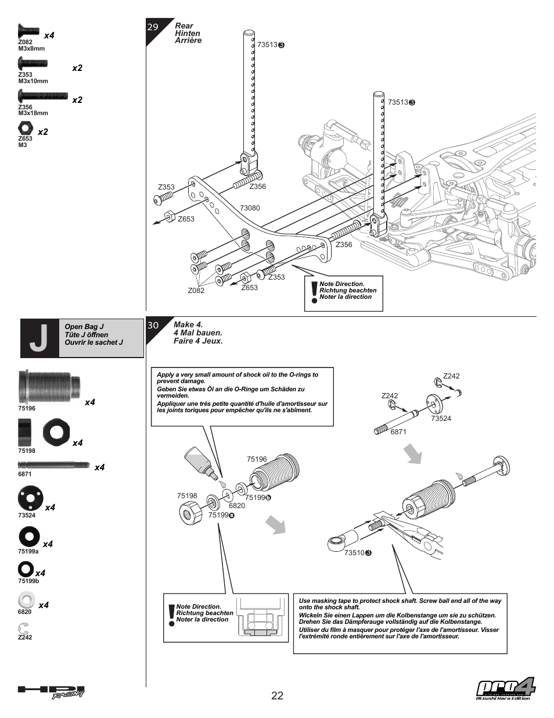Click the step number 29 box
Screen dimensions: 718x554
(153, 27)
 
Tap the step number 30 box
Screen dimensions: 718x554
(153, 326)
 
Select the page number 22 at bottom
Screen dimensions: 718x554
(277, 696)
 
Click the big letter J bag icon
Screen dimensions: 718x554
(39, 338)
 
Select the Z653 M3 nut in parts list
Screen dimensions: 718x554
(26, 128)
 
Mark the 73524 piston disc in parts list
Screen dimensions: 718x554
(30, 498)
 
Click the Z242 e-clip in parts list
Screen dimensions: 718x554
(23, 628)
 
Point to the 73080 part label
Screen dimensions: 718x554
(250, 208)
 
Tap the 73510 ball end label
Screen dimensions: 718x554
(354, 553)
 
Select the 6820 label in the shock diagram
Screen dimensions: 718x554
(237, 506)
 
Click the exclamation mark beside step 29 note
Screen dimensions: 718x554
(314, 293)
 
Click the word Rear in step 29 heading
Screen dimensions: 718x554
(184, 26)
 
